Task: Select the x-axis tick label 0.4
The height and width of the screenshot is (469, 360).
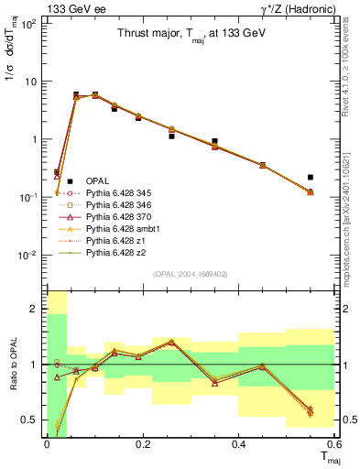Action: pos(239,443)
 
